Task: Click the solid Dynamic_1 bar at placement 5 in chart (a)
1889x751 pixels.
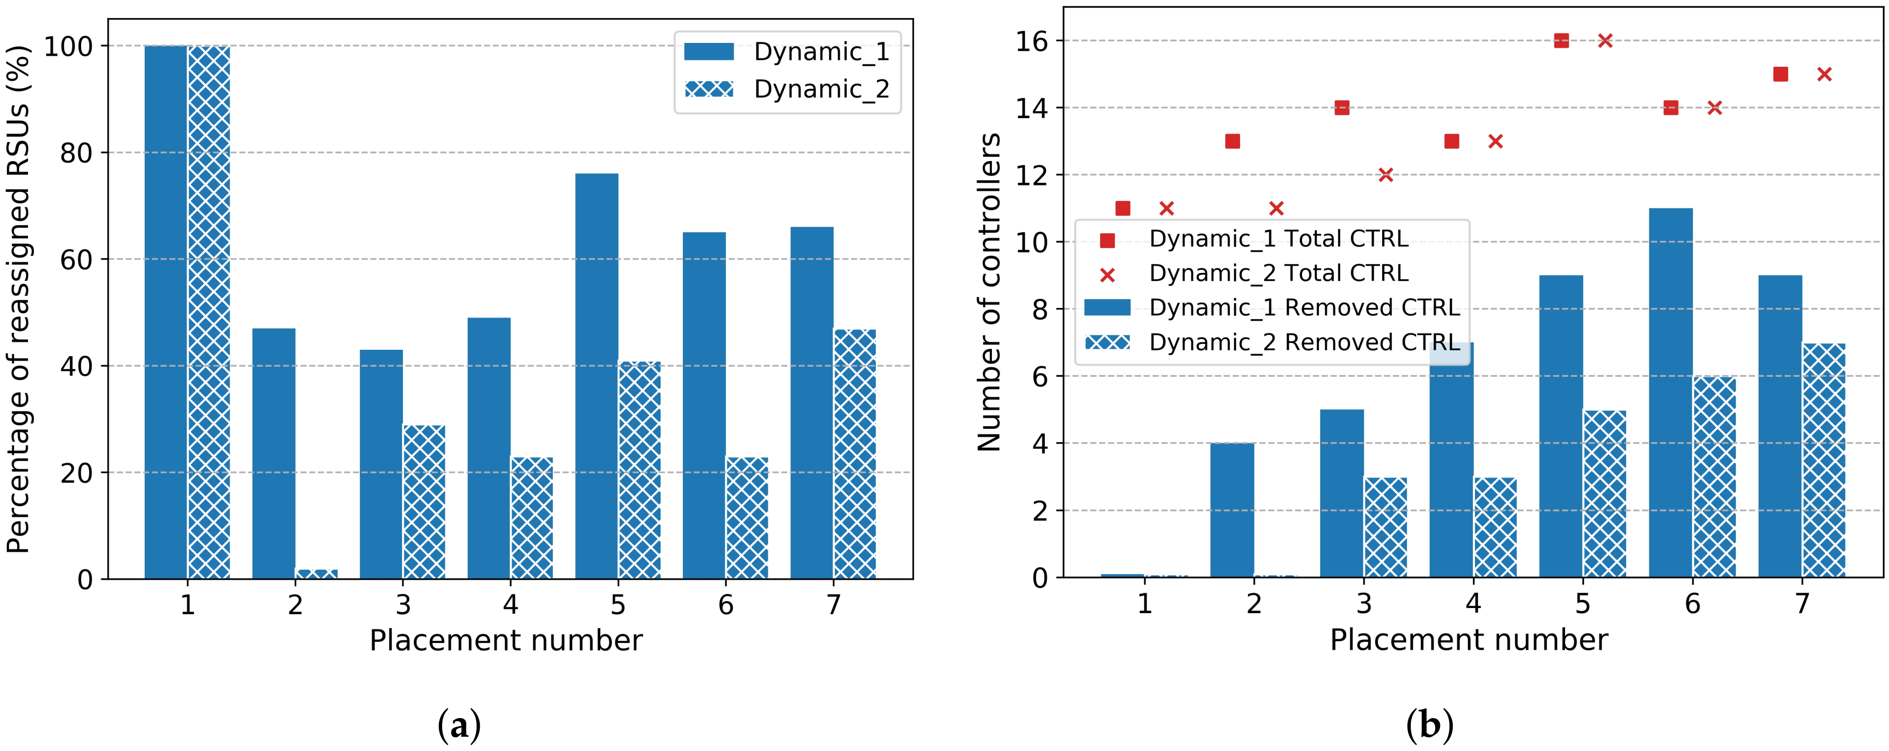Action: pos(596,375)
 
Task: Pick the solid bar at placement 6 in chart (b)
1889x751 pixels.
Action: pos(1671,392)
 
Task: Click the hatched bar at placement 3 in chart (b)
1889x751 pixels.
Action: pos(1385,527)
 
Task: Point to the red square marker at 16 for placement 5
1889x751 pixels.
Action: pos(1561,41)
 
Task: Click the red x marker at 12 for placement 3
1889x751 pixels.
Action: pos(1385,174)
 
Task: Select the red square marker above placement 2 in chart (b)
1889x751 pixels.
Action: pos(1233,142)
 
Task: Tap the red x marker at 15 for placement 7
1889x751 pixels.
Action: pos(1824,74)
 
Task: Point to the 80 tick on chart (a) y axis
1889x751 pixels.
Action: pos(76,153)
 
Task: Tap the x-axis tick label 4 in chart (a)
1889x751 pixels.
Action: pos(511,605)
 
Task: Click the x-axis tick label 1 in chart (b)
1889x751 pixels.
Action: pos(1144,604)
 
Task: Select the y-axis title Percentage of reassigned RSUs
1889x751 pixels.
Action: pos(19,299)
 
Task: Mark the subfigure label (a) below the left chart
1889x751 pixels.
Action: pos(459,726)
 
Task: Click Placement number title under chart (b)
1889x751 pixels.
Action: pos(1469,640)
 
